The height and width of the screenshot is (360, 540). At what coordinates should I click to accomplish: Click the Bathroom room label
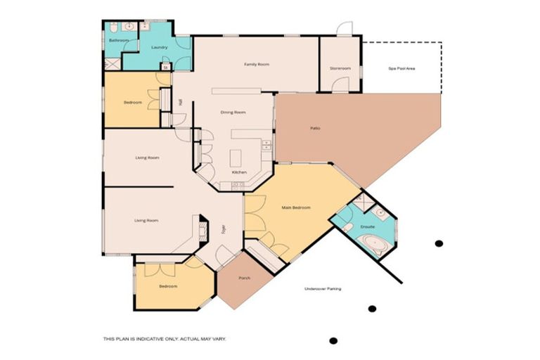(118, 41)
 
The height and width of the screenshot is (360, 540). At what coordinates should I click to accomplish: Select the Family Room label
(257, 65)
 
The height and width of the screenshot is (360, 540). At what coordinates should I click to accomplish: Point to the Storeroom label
(340, 68)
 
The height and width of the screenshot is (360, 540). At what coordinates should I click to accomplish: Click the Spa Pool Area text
(401, 68)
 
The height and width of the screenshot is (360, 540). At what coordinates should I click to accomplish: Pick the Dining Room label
(233, 112)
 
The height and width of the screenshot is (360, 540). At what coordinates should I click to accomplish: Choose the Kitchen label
(239, 172)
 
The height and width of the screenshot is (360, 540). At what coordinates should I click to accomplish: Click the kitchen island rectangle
(236, 156)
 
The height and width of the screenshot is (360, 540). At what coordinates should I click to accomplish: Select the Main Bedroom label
(296, 207)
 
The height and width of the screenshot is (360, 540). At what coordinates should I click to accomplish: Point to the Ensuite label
(367, 227)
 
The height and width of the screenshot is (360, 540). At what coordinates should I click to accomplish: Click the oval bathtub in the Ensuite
(371, 245)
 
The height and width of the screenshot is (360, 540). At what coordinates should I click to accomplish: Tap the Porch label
(244, 278)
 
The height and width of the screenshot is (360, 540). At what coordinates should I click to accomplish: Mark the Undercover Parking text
(323, 289)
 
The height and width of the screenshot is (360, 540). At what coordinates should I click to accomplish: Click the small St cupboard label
(165, 67)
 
